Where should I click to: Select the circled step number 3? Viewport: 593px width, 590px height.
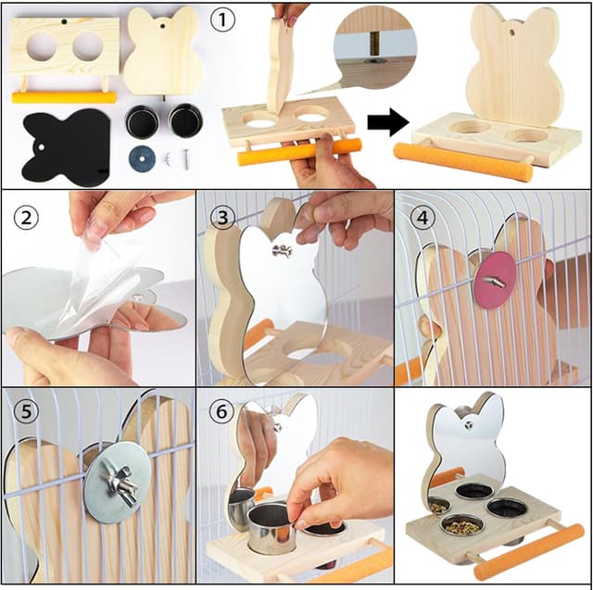[x=222, y=218]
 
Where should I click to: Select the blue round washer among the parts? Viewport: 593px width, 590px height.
[x=142, y=157]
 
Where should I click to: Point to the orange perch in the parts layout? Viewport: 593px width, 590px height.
[x=64, y=96]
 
